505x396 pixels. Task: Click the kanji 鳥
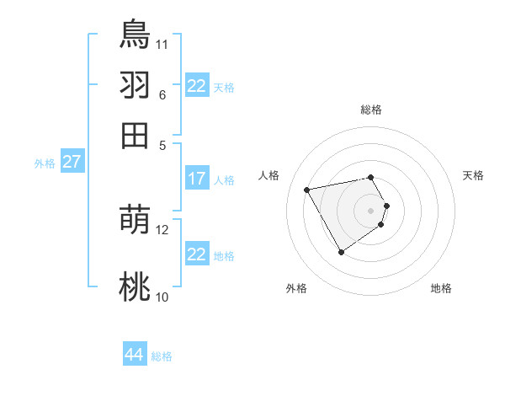click(x=135, y=34)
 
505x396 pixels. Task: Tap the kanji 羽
click(x=135, y=84)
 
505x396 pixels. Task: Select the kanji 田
click(x=135, y=135)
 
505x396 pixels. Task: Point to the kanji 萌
click(x=135, y=220)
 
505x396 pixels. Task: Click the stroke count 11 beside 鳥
click(x=162, y=43)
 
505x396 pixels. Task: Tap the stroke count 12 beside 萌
click(x=162, y=229)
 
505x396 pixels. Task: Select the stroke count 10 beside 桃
click(x=162, y=297)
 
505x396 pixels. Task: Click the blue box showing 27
click(x=72, y=162)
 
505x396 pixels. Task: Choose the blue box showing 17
click(x=197, y=179)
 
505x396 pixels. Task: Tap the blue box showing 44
click(x=134, y=355)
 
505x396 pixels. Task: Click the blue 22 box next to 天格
click(x=197, y=86)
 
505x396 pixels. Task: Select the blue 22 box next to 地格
click(x=197, y=254)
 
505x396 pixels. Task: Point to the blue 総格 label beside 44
click(x=162, y=356)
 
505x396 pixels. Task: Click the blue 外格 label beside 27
click(x=45, y=163)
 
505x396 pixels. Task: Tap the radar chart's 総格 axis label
click(x=371, y=110)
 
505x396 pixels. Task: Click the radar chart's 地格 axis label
click(x=441, y=288)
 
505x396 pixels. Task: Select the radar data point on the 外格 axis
click(x=341, y=252)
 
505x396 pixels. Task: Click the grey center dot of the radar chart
click(x=371, y=211)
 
